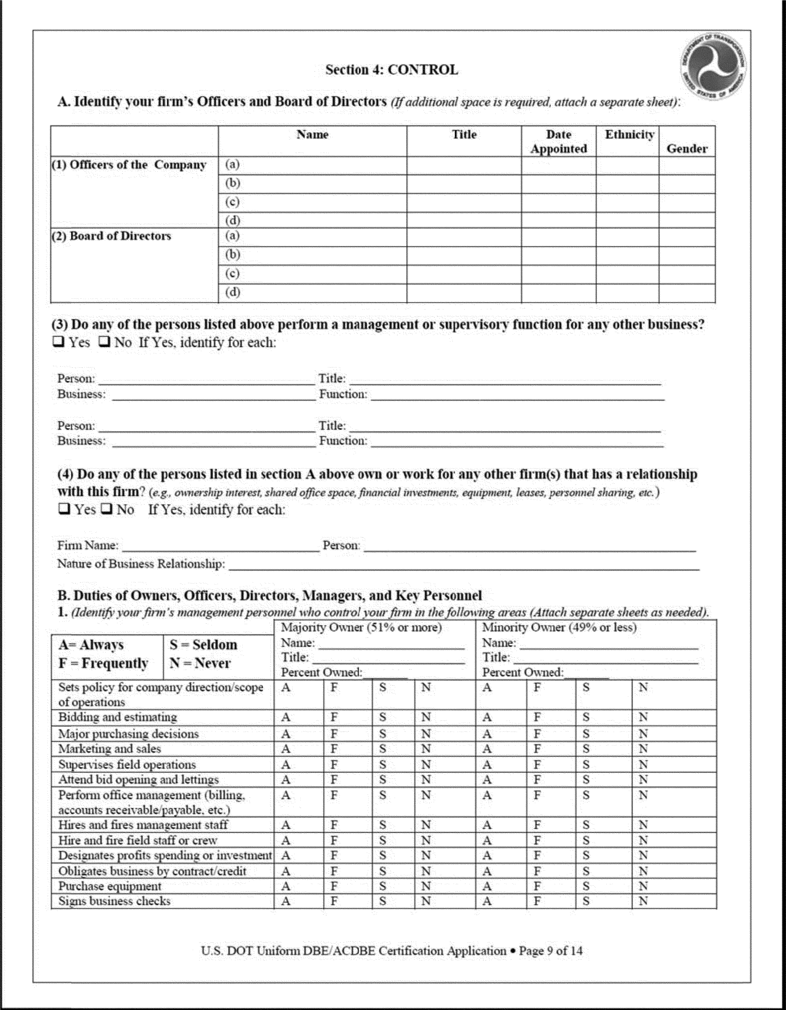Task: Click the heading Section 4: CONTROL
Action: click(x=391, y=70)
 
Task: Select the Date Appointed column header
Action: click(x=558, y=141)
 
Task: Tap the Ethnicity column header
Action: click(x=629, y=135)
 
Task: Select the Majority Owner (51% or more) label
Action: click(x=361, y=628)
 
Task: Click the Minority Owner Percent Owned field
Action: click(x=586, y=673)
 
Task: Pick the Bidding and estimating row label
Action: click(x=118, y=717)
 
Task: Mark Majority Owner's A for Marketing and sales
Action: click(x=286, y=749)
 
